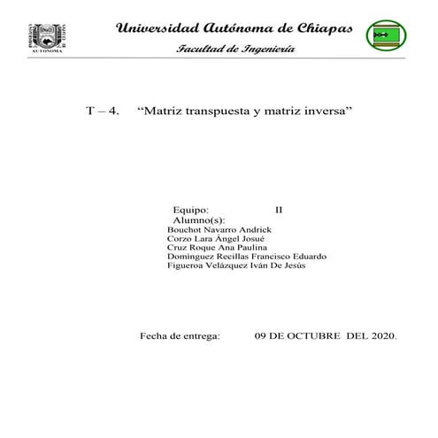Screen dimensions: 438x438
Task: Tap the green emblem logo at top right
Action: pos(387,36)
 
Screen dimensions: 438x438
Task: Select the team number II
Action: pos(280,209)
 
